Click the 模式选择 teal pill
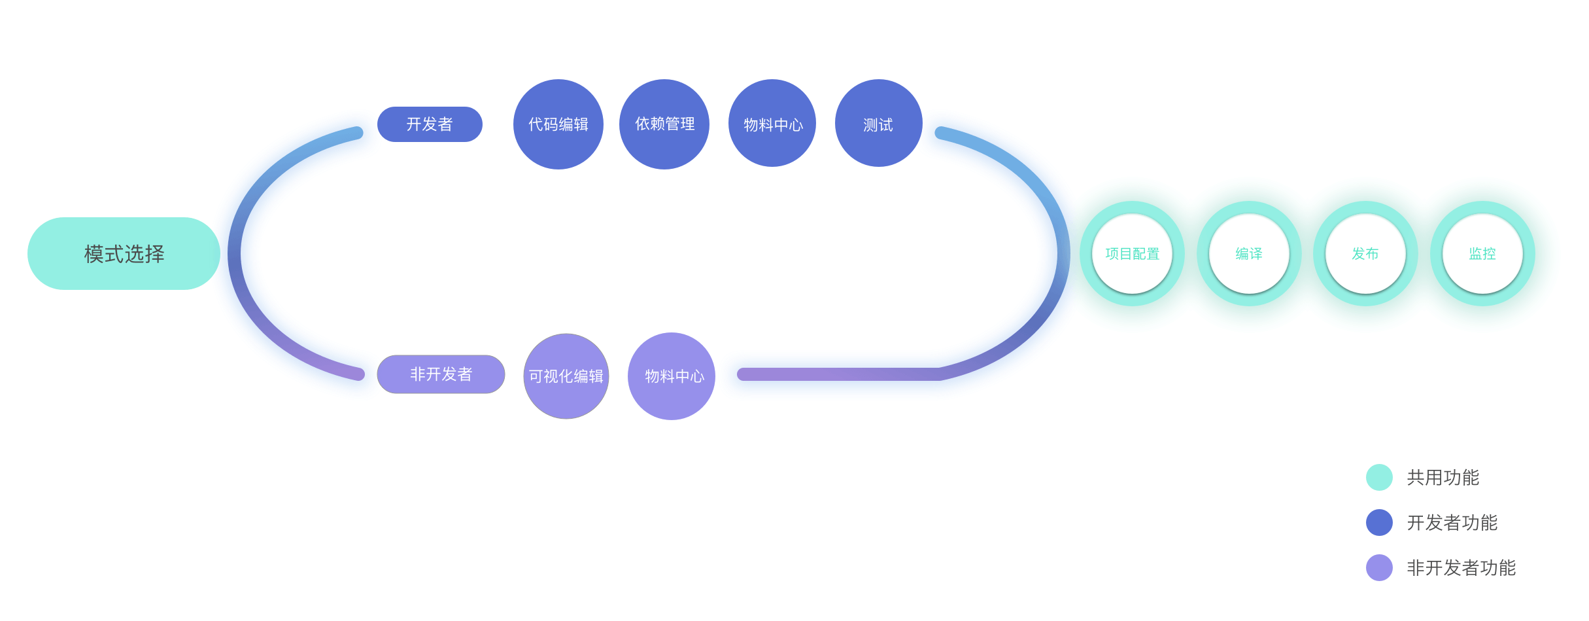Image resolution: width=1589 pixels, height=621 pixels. pos(124,254)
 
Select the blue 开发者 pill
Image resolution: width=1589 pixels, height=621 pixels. pos(430,124)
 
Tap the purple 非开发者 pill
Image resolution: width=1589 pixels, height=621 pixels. pos(441,374)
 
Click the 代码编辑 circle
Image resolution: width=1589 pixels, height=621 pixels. pos(558,124)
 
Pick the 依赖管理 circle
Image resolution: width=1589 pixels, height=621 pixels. pos(664,124)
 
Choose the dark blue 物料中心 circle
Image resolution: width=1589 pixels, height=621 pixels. pos(772,124)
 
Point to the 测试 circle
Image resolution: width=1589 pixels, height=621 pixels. pos(878,124)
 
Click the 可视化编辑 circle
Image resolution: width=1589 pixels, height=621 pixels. pos(566,376)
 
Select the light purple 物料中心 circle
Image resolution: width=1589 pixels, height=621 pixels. pos(672,376)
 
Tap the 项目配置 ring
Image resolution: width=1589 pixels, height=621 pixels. pos(1132,254)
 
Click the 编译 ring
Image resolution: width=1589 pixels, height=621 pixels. pos(1249,254)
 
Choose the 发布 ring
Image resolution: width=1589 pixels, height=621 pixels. pos(1365,254)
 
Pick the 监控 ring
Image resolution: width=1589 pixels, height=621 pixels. pos(1482,254)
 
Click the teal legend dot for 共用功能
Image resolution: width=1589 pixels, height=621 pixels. pos(1379,478)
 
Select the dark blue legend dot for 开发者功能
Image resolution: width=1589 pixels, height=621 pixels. pos(1379,523)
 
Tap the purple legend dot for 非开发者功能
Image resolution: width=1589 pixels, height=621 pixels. pos(1379,568)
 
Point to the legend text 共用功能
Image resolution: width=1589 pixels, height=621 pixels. pos(1443,478)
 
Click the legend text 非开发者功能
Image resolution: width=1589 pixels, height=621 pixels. pos(1461,568)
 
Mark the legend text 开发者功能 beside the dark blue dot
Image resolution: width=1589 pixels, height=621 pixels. pos(1452,523)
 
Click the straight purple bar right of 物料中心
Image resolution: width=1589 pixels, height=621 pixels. pos(837,374)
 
